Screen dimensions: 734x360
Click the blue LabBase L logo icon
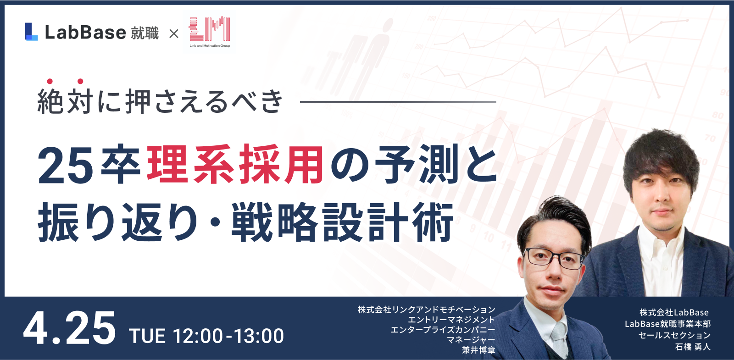(32, 32)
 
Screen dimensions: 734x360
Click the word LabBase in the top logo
(85, 33)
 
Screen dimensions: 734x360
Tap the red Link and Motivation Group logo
(210, 32)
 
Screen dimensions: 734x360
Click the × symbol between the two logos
(174, 33)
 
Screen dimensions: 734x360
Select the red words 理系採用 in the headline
(235, 165)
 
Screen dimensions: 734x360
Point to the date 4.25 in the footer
(69, 328)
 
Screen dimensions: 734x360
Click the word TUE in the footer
(147, 336)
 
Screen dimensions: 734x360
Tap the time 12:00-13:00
(228, 336)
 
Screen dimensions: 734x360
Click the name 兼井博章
(478, 350)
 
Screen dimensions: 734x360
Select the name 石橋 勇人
(693, 347)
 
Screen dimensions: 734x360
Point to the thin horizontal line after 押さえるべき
(398, 102)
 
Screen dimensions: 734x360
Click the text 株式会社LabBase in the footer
(674, 312)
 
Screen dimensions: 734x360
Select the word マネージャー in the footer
(471, 340)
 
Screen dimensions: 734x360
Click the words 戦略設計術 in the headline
(342, 222)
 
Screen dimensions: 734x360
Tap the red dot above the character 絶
(50, 81)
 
